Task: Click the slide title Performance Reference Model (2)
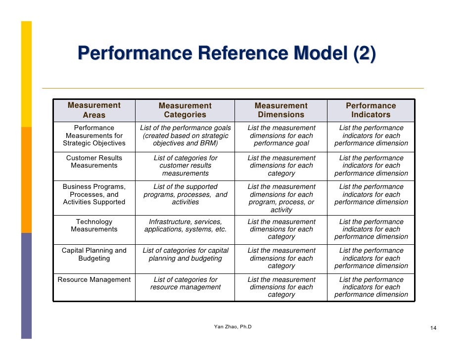[x=226, y=53]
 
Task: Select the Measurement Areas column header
[x=94, y=110]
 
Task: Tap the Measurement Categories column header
[x=185, y=110]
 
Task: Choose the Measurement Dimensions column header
[x=281, y=110]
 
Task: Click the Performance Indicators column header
[x=371, y=110]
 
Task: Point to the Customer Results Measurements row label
[x=94, y=162]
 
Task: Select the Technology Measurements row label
[x=94, y=225]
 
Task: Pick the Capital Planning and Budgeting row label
[x=94, y=254]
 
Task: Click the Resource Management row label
[x=94, y=280]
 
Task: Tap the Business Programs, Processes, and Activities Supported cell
[x=94, y=194]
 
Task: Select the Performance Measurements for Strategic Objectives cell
[x=94, y=135]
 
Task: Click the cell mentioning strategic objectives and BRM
[x=185, y=135]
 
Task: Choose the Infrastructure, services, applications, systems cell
[x=185, y=225]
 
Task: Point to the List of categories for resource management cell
[x=185, y=283]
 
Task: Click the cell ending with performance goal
[x=281, y=135]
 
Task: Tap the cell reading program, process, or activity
[x=281, y=198]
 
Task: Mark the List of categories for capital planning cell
[x=185, y=254]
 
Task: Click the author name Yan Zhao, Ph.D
[x=233, y=327]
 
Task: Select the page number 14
[x=433, y=328]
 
